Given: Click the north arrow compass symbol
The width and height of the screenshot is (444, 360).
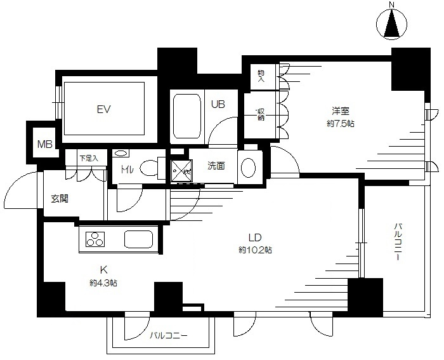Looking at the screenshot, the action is [x=392, y=24].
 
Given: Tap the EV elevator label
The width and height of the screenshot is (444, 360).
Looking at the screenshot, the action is [x=103, y=109].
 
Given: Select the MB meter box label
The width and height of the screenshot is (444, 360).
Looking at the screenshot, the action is [x=45, y=144].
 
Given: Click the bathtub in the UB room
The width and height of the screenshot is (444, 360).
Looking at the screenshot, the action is [x=187, y=116].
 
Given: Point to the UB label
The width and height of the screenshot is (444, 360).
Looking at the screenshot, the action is [x=218, y=104].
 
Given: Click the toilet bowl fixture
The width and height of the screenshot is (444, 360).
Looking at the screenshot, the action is [x=150, y=168].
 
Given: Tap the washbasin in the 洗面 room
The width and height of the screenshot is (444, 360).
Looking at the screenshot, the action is [x=248, y=168].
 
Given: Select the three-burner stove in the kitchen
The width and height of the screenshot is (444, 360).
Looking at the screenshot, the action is [x=95, y=239].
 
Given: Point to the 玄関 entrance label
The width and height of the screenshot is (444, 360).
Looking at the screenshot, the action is [x=60, y=199].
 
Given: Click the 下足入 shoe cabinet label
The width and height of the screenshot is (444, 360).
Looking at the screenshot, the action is [x=89, y=158].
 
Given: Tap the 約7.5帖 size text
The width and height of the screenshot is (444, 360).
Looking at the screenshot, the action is [x=341, y=124].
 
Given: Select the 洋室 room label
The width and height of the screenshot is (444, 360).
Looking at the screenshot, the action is [x=341, y=111].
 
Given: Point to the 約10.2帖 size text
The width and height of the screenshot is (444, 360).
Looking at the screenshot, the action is [x=256, y=250].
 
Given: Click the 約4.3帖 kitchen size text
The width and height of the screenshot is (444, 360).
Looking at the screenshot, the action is [x=103, y=283].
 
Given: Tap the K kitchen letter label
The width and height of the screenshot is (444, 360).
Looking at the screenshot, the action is [x=103, y=270].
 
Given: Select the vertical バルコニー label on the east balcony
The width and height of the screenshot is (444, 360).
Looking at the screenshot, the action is [x=398, y=241].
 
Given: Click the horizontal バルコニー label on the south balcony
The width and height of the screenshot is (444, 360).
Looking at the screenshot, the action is [x=169, y=336].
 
